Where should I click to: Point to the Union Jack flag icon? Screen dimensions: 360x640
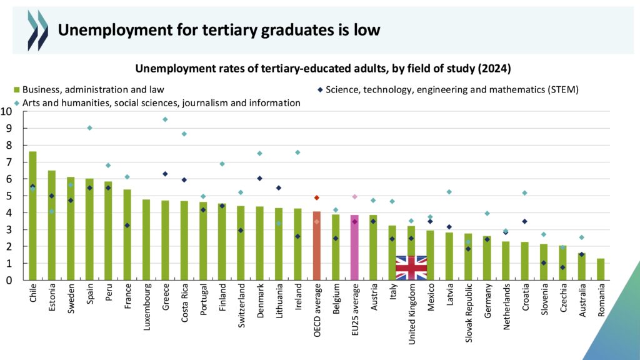411,267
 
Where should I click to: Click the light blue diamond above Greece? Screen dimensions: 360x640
165,119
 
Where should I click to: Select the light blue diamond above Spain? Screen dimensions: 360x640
89,128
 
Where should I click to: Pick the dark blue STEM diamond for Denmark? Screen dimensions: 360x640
260,178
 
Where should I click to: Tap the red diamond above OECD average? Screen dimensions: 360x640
317,197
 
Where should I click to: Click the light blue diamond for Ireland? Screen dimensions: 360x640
297,152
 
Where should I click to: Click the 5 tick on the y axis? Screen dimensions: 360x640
8,196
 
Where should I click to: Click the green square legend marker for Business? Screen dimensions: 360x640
17,89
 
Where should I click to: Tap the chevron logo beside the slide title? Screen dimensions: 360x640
37,30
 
